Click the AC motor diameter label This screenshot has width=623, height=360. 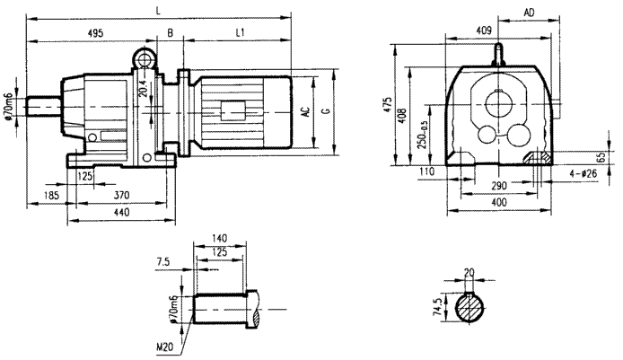[x=306, y=113]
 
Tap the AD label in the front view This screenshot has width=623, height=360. [x=530, y=13]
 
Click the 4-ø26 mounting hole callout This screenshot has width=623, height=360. [x=584, y=171]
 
